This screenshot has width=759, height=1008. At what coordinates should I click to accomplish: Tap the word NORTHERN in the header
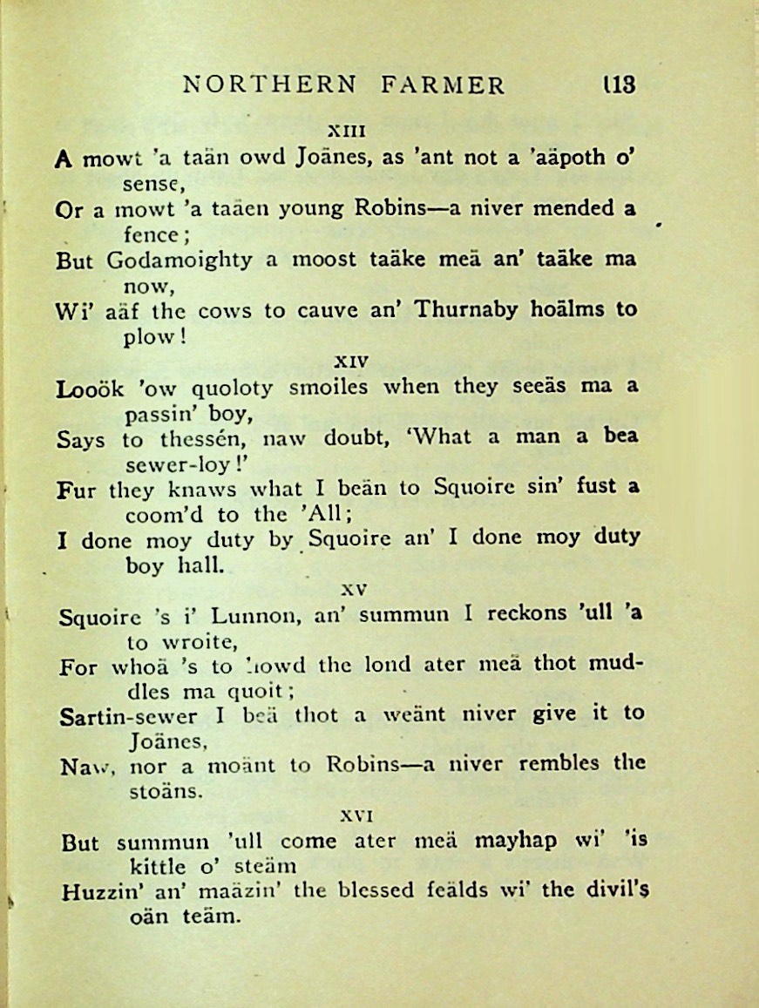(269, 85)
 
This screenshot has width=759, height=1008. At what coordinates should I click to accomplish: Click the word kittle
(153, 867)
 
